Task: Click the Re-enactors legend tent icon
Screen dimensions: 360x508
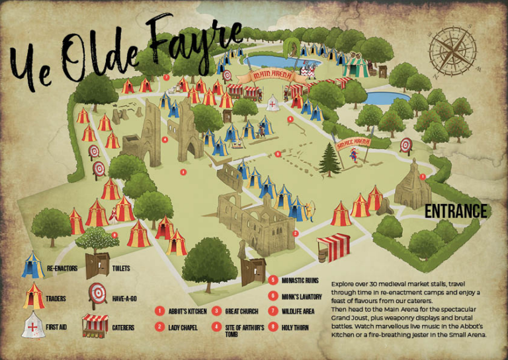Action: click(32, 265)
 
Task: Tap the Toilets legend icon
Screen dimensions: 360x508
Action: click(97, 264)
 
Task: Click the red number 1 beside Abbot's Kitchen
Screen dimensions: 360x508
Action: click(159, 311)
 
